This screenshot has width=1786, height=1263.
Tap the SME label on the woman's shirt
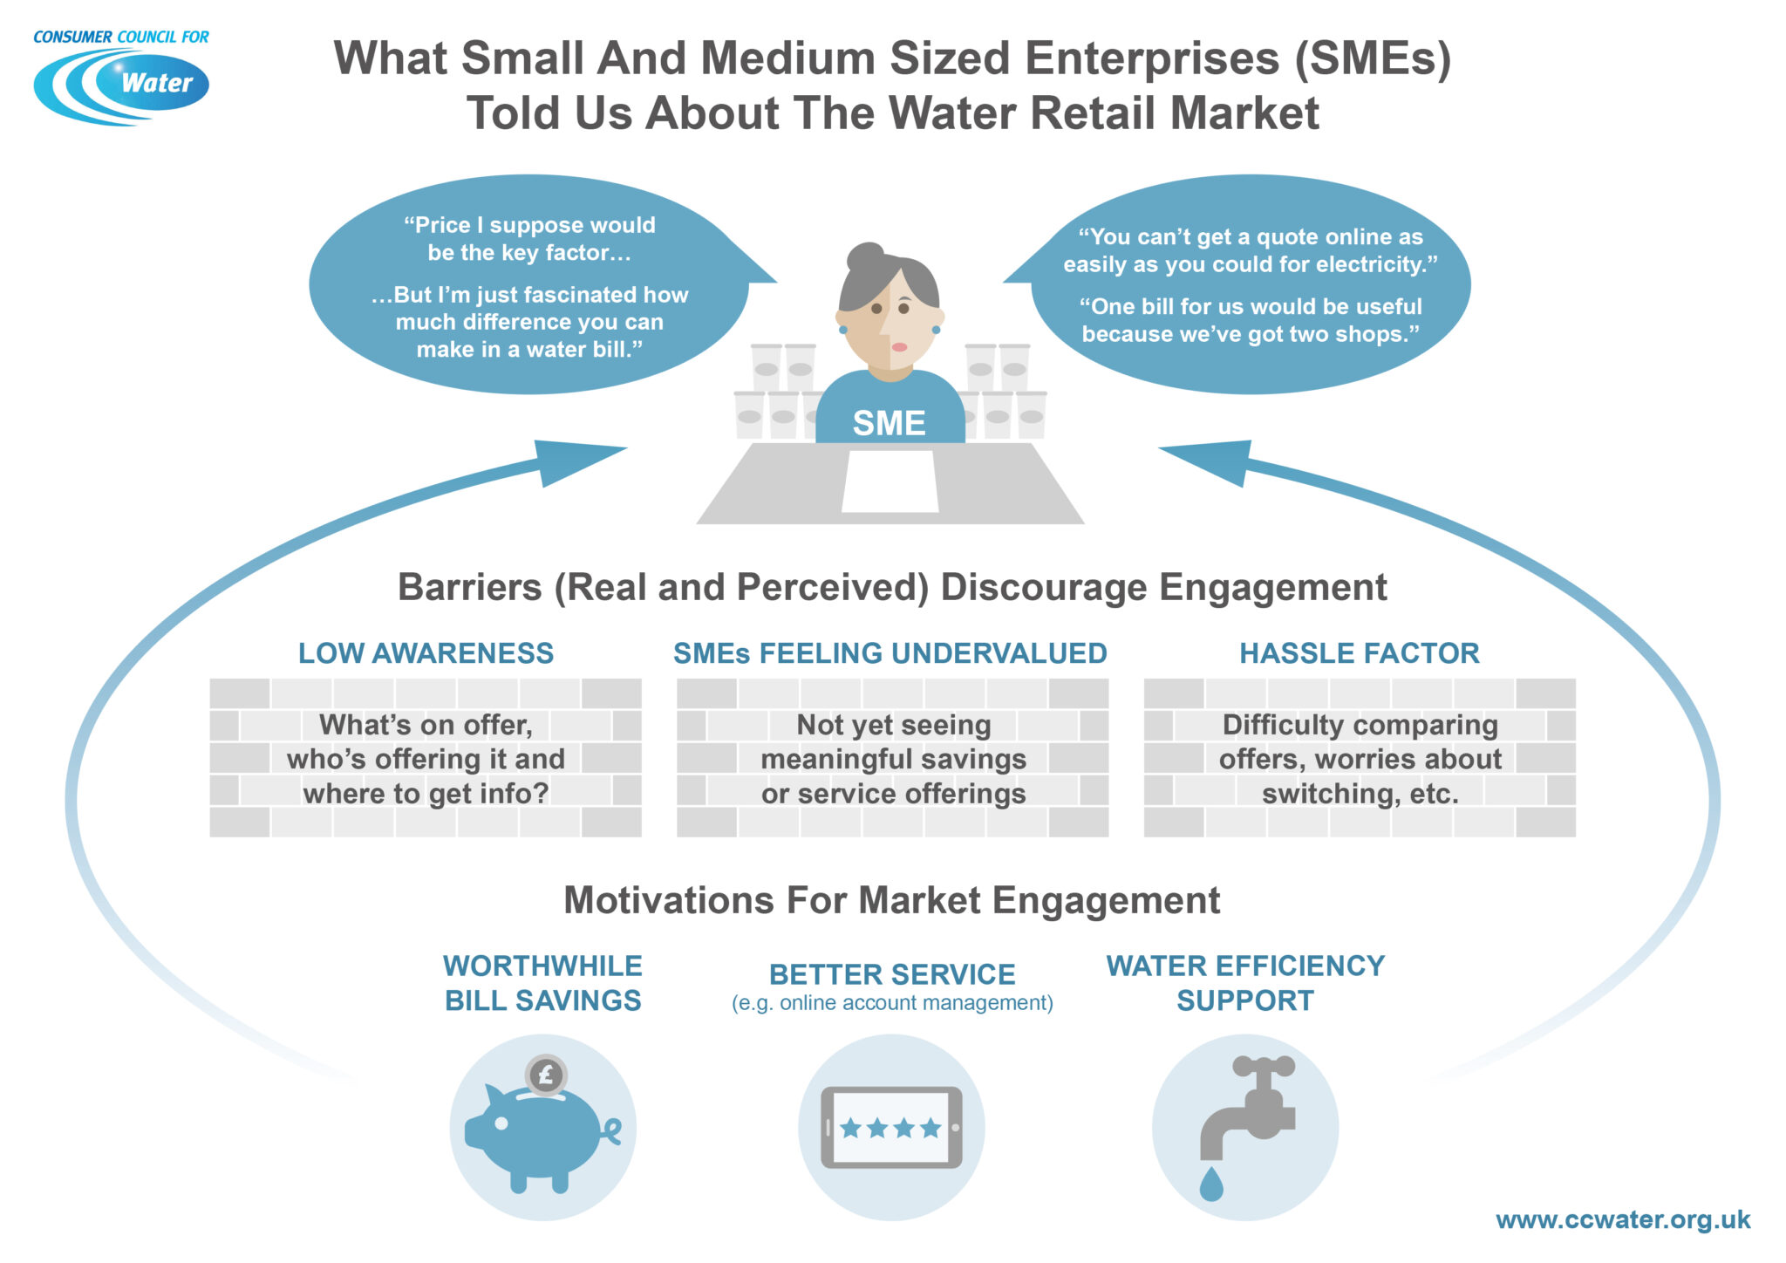tap(889, 423)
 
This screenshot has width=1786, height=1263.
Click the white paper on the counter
tap(890, 481)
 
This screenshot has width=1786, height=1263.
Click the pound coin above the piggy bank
tap(546, 1075)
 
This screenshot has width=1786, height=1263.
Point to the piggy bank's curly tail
tap(611, 1131)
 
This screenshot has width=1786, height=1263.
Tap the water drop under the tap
tap(1211, 1184)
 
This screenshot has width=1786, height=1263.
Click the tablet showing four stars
tap(891, 1128)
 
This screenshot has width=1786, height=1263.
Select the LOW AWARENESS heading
tap(426, 653)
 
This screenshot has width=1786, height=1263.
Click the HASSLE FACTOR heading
tap(1360, 653)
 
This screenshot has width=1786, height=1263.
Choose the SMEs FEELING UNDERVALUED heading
tap(890, 653)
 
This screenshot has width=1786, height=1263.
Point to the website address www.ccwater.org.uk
tap(1623, 1219)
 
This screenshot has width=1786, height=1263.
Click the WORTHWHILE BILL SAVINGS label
tap(542, 983)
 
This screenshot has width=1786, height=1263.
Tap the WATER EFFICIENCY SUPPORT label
tap(1245, 983)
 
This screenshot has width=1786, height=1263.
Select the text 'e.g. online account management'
tap(892, 1003)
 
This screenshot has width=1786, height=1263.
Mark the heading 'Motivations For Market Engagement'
tap(891, 900)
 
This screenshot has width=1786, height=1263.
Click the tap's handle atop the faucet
tap(1263, 1066)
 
